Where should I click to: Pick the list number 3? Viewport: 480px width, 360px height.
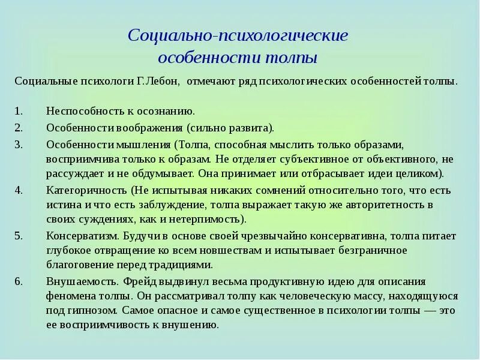click(x=18, y=145)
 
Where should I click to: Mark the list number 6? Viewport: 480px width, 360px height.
click(x=18, y=281)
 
